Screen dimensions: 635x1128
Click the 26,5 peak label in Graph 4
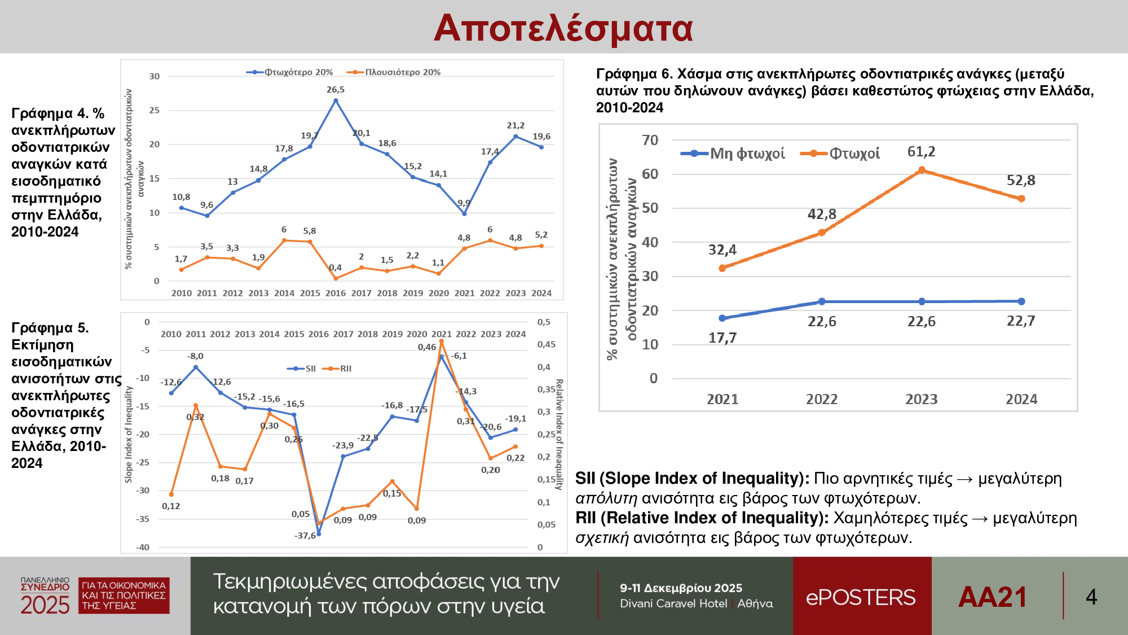coord(336,90)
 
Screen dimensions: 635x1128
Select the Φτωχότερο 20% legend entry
coord(290,72)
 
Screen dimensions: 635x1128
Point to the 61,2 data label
coord(921,152)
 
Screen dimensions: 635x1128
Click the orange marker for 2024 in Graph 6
coord(1021,199)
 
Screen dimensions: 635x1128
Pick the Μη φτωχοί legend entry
coord(733,154)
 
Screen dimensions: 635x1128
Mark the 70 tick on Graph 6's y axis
coord(650,140)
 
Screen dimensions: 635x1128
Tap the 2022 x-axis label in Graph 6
coord(822,400)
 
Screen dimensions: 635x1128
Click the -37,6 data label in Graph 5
coord(305,536)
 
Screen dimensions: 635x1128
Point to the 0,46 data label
coord(427,347)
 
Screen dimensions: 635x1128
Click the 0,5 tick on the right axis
coord(544,322)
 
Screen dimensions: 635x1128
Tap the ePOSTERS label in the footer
coord(861,597)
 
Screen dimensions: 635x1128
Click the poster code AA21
coord(993,597)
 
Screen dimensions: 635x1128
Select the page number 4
coord(1091,597)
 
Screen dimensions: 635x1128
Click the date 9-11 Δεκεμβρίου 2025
coord(681,588)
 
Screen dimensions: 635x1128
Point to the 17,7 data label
coord(722,338)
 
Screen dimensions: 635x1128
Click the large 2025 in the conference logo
coord(45,606)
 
